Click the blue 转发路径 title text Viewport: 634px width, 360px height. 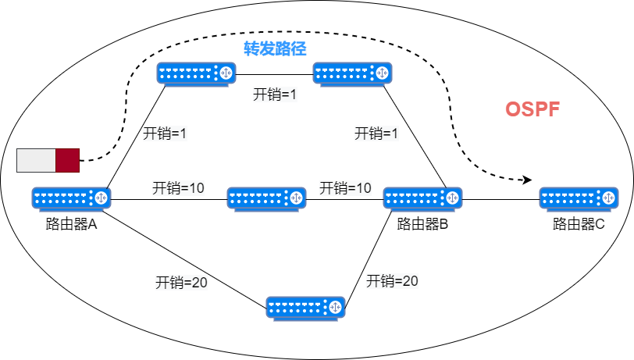click(275, 48)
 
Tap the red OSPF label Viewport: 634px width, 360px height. click(532, 109)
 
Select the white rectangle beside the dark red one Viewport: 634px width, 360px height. click(36, 160)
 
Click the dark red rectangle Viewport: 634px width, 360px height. click(68, 160)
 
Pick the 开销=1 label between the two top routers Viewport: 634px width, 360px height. click(275, 94)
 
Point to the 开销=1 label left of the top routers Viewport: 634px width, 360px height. click(165, 134)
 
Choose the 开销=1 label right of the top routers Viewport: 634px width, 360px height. click(376, 134)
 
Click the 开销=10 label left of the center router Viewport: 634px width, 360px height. click(178, 188)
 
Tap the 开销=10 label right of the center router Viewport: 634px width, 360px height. click(345, 188)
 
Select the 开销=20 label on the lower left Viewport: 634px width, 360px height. click(181, 283)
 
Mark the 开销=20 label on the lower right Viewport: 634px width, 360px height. click(392, 281)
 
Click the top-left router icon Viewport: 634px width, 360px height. click(196, 73)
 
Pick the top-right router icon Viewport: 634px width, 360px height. click(352, 73)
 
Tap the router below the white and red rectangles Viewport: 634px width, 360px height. click(71, 198)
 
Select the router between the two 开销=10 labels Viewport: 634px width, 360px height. click(266, 198)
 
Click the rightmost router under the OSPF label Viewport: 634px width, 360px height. click(579, 198)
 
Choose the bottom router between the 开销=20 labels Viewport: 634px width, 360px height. click(305, 308)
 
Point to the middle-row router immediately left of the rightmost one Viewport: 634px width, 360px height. click(422, 198)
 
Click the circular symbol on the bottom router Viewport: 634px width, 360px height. click(335, 308)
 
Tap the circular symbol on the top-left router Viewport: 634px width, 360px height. click(226, 73)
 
